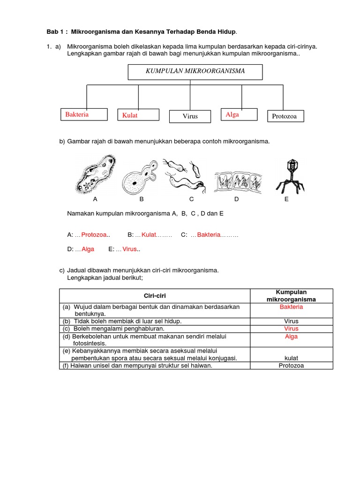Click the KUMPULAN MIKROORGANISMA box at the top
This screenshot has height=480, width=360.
[195, 72]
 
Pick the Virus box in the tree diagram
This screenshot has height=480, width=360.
[190, 116]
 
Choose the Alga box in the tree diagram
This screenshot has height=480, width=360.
[239, 114]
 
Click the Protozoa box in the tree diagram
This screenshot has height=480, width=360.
[285, 116]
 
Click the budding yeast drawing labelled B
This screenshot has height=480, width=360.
[140, 176]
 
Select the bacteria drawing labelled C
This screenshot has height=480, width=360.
[185, 174]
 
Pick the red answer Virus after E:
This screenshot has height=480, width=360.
[129, 249]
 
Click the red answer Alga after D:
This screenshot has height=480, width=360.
[88, 249]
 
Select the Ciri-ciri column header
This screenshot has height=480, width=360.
[154, 296]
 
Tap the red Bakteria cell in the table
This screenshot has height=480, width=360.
[291, 307]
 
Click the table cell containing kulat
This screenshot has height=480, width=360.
[291, 358]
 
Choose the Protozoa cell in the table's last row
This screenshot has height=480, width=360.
[291, 366]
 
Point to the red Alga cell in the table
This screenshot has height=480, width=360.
[291, 337]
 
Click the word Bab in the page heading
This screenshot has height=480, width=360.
[52, 31]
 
